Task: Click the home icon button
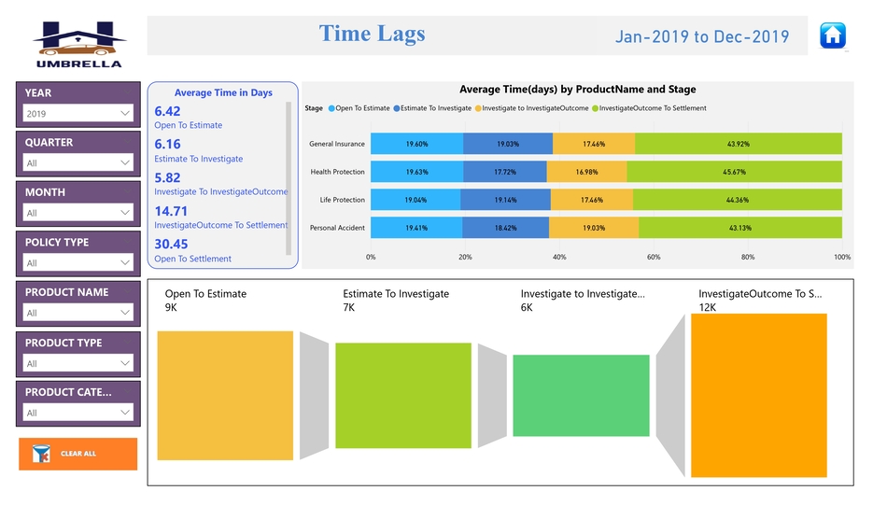832,35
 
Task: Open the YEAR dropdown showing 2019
77,114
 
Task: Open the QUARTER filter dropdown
77,162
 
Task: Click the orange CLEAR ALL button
77,454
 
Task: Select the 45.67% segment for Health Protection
734,172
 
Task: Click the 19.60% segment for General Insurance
416,144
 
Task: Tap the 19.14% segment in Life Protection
505,200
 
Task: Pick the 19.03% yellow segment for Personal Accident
594,228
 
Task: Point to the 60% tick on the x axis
654,257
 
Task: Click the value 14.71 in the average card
171,211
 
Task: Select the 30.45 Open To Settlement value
171,245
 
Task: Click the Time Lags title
372,35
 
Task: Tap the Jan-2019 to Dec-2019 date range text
701,37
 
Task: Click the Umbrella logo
78,44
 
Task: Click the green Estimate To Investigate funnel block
403,395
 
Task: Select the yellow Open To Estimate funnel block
225,395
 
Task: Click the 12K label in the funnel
708,307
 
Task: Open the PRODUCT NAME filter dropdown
77,313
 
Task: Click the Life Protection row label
342,200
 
